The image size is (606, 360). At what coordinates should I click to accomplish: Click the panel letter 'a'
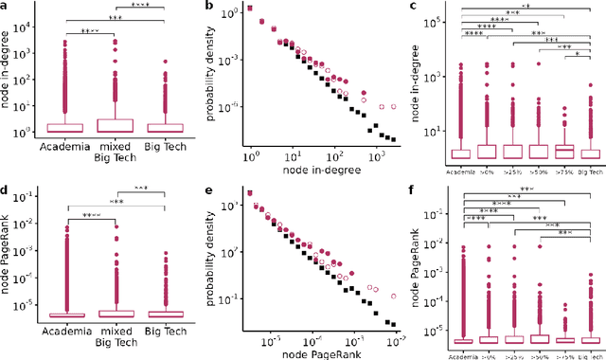coord(6,8)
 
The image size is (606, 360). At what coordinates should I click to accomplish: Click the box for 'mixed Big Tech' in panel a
coord(116,125)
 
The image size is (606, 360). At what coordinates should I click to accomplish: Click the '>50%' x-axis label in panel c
coord(538,171)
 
